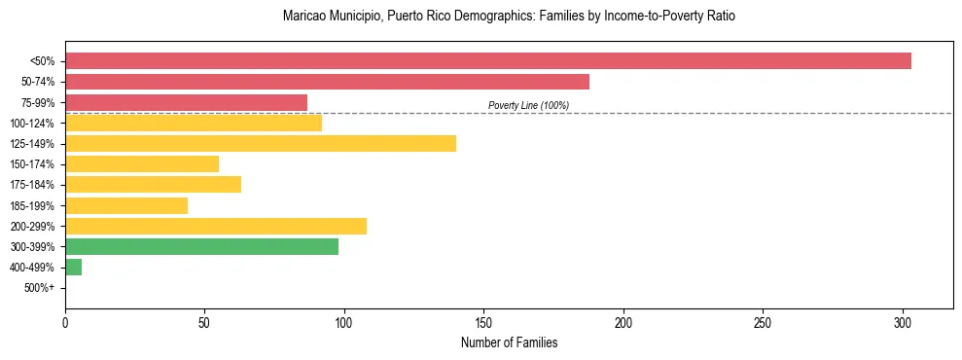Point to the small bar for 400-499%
coord(74,268)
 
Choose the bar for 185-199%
coord(126,205)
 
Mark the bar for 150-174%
coord(142,164)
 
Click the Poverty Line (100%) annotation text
coord(528,105)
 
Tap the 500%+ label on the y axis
coord(40,288)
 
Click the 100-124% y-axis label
coord(33,124)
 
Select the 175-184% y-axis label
coord(33,185)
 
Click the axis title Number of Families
coord(510,343)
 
